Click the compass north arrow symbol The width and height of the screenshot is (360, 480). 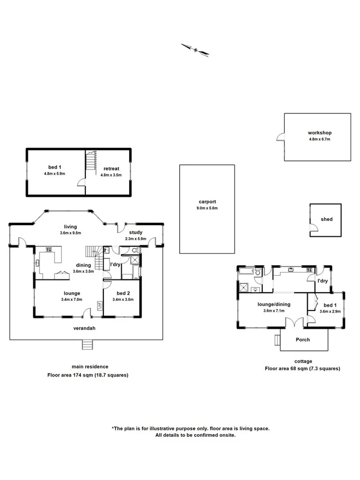tap(195, 49)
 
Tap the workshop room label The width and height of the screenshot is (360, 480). tap(319, 133)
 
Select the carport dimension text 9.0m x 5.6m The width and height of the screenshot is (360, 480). tap(207, 208)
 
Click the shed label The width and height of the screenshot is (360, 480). tap(326, 219)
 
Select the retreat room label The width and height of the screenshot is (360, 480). tap(111, 169)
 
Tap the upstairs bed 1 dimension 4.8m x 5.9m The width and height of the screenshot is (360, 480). tap(54, 174)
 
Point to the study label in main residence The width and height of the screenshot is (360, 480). tap(135, 233)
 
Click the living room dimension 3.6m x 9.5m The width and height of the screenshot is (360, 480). tap(71, 233)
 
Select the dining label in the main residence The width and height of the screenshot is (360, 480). tap(83, 265)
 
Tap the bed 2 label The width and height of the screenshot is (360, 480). tap(123, 293)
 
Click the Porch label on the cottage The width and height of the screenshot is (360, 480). tap(302, 339)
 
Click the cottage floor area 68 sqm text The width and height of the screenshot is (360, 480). tap(302, 369)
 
